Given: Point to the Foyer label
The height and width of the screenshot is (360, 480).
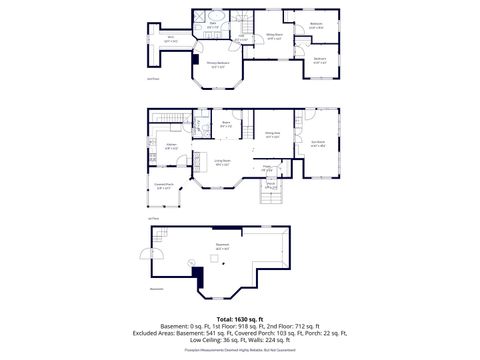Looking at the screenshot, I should coord(268,167).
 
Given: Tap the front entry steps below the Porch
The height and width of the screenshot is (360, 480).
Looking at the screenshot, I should coord(269,197).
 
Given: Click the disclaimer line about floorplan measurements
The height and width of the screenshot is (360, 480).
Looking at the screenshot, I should coord(240,353).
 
